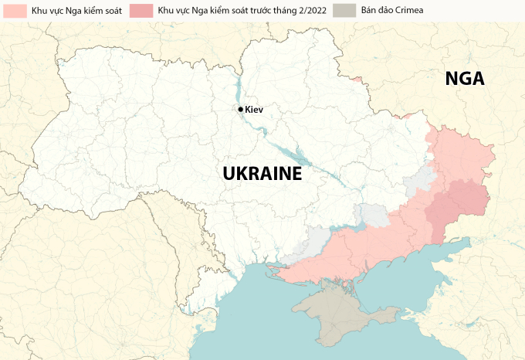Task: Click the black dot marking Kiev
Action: coord(241,110)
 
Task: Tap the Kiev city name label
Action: coord(254,110)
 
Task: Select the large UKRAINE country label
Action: coord(262,174)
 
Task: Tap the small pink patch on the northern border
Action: coord(356,77)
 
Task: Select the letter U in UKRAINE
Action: coord(229,174)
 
